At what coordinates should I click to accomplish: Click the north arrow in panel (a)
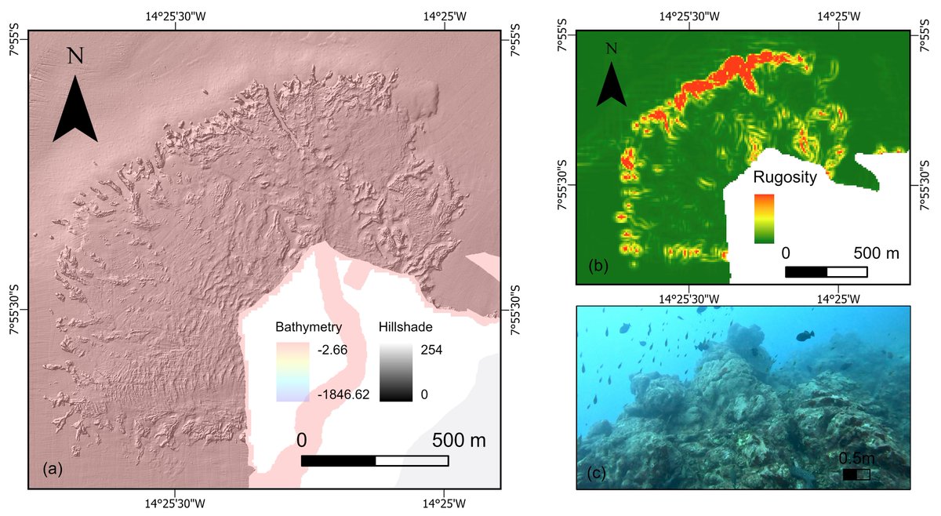tap(75, 110)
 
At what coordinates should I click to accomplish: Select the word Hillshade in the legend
tap(404, 326)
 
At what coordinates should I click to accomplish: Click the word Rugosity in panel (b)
tap(786, 177)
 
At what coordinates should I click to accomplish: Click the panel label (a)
tap(51, 470)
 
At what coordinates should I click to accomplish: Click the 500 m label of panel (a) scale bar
tap(459, 441)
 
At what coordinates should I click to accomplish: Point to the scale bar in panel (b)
tap(826, 271)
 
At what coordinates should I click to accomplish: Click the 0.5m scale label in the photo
tap(856, 458)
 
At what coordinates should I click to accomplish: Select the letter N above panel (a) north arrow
tap(75, 56)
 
